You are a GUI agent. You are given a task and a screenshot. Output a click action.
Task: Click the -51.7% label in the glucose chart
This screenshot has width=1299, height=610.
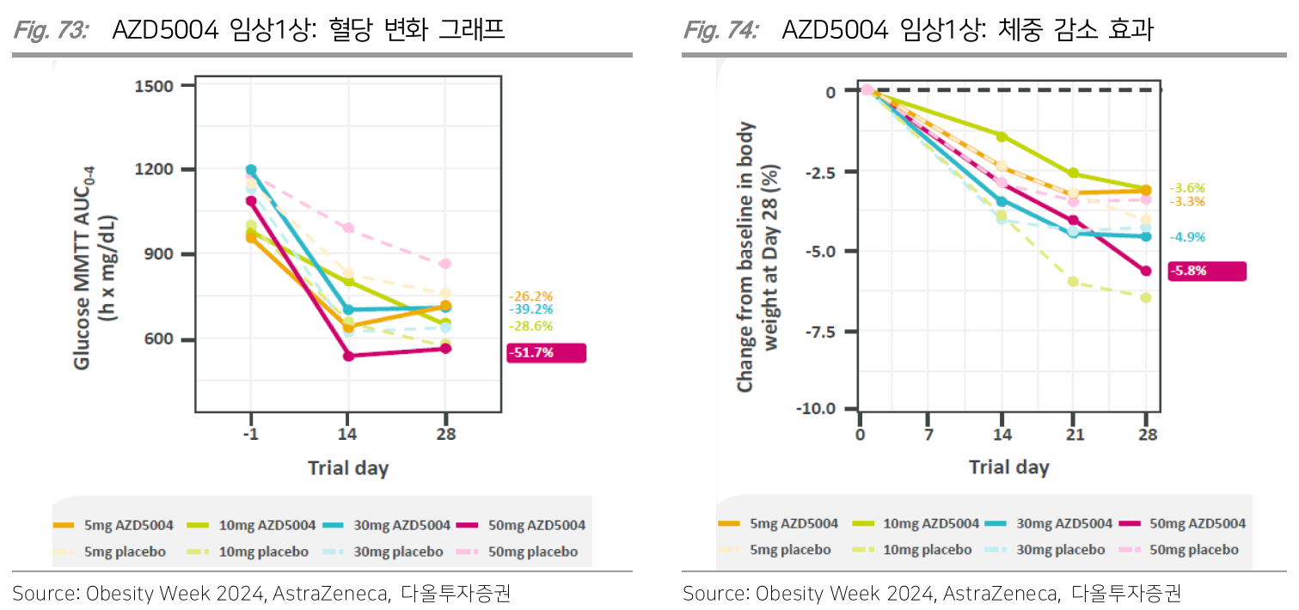pyautogui.click(x=546, y=353)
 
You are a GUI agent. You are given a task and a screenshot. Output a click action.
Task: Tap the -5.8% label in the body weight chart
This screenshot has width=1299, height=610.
pyautogui.click(x=1206, y=271)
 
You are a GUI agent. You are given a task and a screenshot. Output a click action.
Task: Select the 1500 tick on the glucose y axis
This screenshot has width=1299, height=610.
pyautogui.click(x=156, y=86)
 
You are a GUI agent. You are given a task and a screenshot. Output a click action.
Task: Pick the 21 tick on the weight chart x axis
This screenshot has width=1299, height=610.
pyautogui.click(x=1073, y=435)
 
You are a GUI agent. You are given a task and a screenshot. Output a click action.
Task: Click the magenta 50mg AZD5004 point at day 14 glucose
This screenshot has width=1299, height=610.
pyautogui.click(x=348, y=356)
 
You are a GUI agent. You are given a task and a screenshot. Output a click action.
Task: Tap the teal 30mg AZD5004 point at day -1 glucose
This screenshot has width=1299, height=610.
pyautogui.click(x=251, y=170)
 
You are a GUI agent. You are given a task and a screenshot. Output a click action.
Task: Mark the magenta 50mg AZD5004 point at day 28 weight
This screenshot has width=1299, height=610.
pyautogui.click(x=1146, y=271)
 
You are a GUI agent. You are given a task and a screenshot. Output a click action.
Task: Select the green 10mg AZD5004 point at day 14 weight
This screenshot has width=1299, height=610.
pyautogui.click(x=1001, y=136)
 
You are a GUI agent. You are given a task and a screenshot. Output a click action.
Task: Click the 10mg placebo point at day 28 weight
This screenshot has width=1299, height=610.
pyautogui.click(x=1146, y=298)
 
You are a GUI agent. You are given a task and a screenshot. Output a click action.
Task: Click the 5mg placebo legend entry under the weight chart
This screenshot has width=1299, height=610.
pyautogui.click(x=774, y=550)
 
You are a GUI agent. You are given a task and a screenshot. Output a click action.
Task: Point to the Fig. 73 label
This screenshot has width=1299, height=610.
pyautogui.click(x=50, y=31)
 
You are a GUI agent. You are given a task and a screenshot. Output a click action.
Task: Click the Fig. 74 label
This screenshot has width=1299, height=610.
pyautogui.click(x=720, y=31)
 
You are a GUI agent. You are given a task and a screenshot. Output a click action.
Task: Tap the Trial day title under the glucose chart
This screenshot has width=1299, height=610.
pyautogui.click(x=348, y=468)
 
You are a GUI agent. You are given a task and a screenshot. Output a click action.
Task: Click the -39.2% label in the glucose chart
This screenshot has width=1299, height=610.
pyautogui.click(x=530, y=309)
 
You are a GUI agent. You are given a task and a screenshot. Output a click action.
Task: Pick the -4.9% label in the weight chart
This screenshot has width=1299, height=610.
pyautogui.click(x=1187, y=237)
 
